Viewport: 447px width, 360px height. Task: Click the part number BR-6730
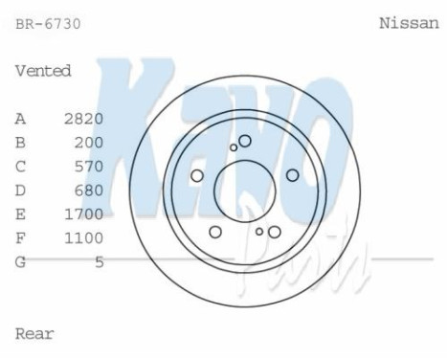click(48, 24)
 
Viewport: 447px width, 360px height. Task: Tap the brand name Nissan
click(409, 23)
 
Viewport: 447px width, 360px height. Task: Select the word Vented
click(43, 71)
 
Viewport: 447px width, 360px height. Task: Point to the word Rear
click(34, 333)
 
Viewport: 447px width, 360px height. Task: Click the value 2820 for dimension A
click(83, 119)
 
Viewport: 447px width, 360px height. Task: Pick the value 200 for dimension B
click(88, 143)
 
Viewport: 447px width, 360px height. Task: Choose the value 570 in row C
click(88, 166)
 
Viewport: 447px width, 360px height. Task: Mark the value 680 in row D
click(88, 190)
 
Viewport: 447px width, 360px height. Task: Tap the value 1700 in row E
click(83, 214)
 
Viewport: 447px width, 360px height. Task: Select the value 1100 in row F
click(83, 236)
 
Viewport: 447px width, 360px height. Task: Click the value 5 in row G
click(99, 260)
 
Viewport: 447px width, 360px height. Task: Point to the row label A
click(20, 119)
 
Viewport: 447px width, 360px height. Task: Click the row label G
click(20, 260)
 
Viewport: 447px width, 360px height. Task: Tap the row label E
click(20, 214)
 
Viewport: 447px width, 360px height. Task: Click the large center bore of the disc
click(244, 187)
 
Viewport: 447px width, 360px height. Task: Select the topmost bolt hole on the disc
click(245, 141)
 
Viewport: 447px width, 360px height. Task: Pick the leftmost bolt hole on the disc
click(197, 175)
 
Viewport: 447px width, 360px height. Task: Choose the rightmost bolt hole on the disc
click(293, 175)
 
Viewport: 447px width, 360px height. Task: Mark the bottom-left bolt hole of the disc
click(215, 232)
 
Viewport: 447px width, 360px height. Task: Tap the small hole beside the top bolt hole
click(234, 147)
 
